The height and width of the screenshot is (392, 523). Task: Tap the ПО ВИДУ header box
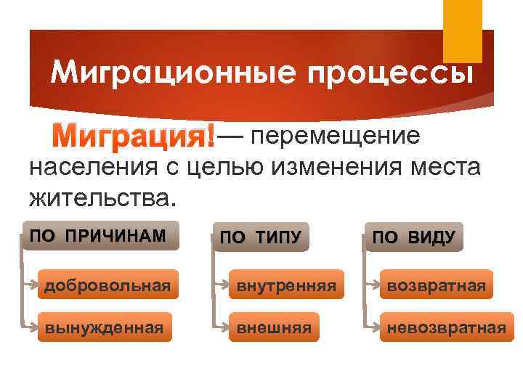(x=413, y=237)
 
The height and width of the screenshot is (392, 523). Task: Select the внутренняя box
(x=283, y=286)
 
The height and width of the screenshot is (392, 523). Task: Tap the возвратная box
(x=437, y=286)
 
